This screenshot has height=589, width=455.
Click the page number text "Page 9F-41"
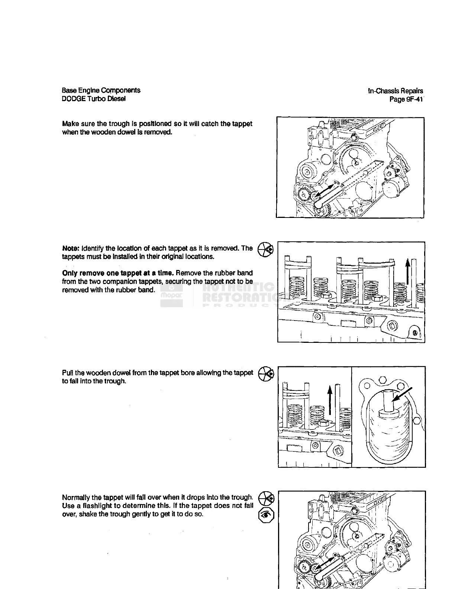[406, 99]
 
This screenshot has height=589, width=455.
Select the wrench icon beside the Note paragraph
[266, 248]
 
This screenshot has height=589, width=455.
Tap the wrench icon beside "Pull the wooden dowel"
[266, 373]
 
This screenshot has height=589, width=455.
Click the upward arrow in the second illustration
[408, 271]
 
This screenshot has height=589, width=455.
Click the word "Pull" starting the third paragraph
[67, 373]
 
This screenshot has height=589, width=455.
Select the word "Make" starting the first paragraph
[70, 123]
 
